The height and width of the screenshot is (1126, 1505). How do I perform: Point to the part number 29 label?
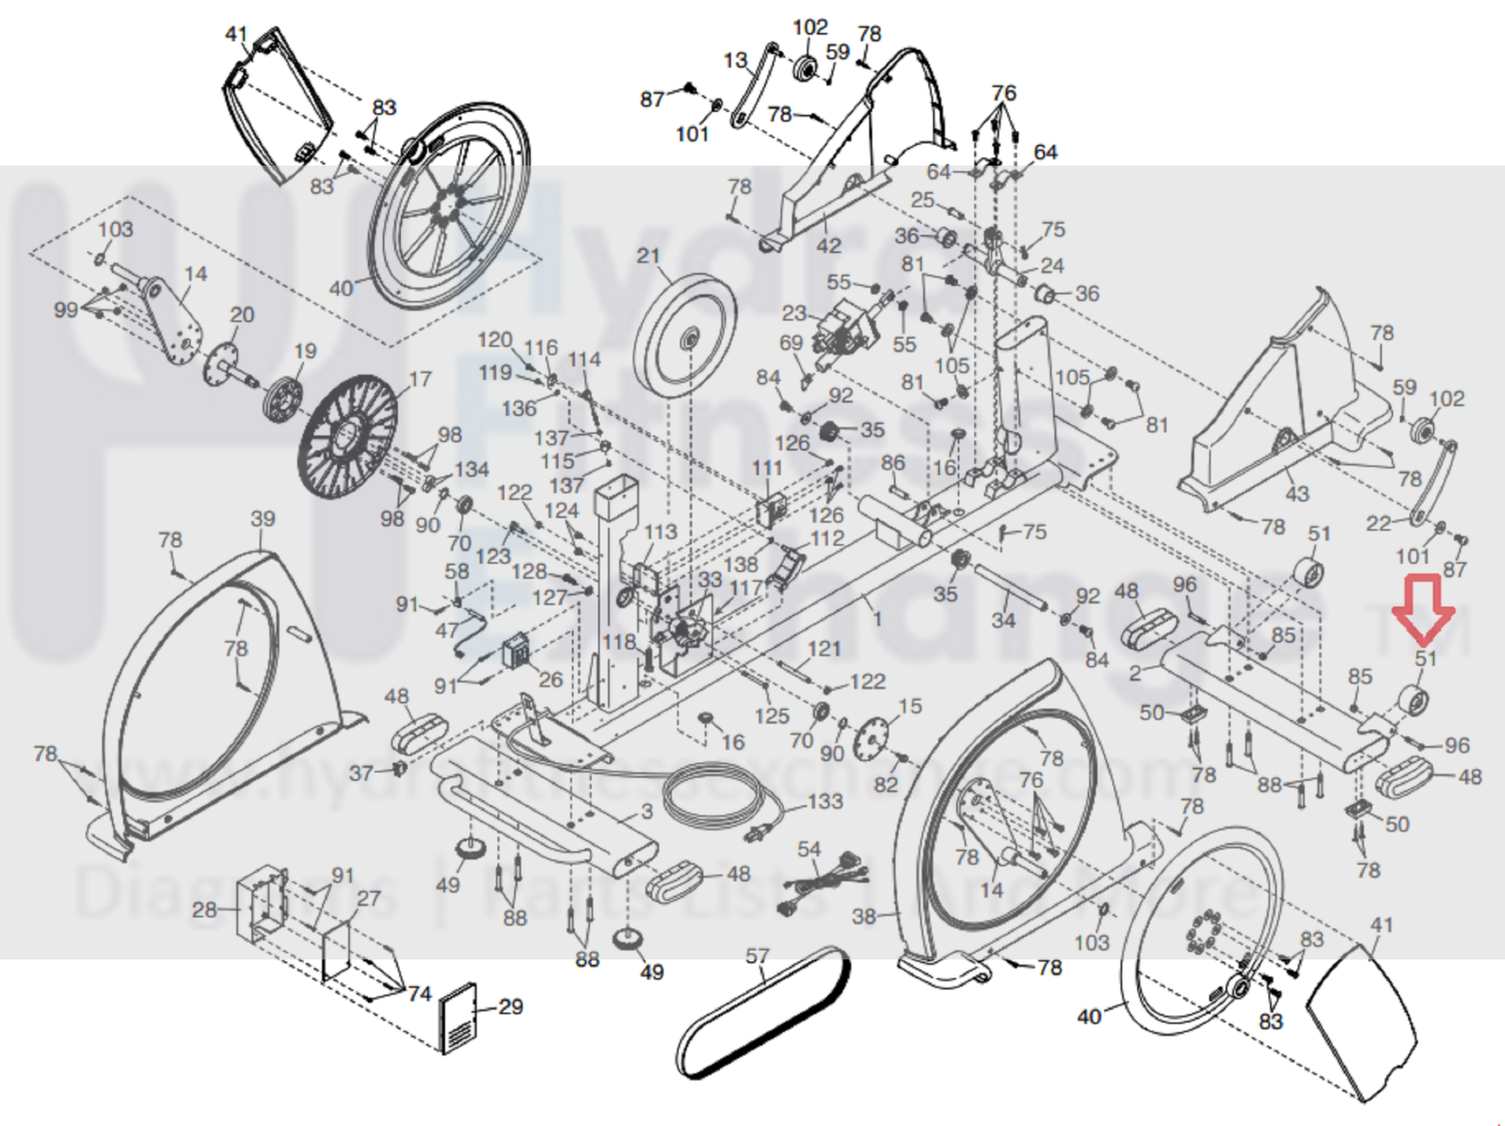pyautogui.click(x=510, y=1007)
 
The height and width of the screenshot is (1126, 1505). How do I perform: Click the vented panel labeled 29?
pyautogui.click(x=459, y=1019)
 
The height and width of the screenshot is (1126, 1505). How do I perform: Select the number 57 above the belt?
pyautogui.click(x=757, y=957)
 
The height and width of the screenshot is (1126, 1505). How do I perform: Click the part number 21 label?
pyautogui.click(x=648, y=256)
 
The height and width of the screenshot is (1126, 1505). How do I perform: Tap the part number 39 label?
pyautogui.click(x=263, y=519)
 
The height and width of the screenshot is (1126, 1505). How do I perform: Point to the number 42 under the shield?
pyautogui.click(x=828, y=246)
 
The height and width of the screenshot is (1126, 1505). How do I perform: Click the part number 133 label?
pyautogui.click(x=825, y=801)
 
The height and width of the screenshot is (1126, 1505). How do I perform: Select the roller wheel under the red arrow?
pyautogui.click(x=1413, y=700)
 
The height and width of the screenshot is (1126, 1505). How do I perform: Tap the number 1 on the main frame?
pyautogui.click(x=877, y=619)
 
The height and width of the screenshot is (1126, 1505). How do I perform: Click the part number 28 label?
pyautogui.click(x=204, y=909)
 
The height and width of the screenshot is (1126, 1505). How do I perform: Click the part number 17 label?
pyautogui.click(x=420, y=378)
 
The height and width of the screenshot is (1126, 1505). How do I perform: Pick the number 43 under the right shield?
pyautogui.click(x=1297, y=493)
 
